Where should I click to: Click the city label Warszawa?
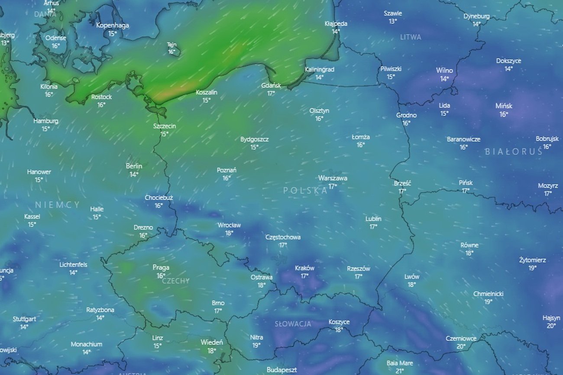333,178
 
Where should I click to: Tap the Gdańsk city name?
271,86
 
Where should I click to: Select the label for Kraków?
304,268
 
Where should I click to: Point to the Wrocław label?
229,225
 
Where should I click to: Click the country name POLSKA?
305,191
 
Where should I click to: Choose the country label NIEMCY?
58,205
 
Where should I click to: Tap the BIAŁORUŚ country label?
514,152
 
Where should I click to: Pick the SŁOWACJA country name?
293,324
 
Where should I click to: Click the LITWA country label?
411,37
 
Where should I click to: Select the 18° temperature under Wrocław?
229,233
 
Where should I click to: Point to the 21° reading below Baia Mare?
400,371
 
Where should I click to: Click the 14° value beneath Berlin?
134,174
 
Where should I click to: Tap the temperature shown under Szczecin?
165,134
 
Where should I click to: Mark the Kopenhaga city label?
113,25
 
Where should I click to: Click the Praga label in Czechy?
161,268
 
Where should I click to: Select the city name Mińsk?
504,106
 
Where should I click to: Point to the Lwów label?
412,277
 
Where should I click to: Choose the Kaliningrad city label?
320,69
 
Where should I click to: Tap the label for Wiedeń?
212,343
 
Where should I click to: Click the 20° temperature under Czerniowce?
461,346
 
